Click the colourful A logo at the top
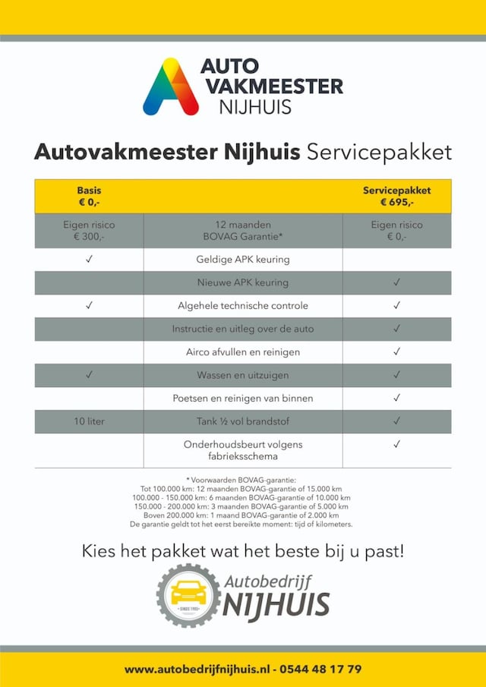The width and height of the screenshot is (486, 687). pos(170,87)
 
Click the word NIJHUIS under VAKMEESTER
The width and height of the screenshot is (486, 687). pos(254,106)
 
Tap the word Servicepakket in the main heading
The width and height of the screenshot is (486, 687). pos(379,152)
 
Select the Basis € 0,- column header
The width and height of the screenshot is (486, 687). pos(89,197)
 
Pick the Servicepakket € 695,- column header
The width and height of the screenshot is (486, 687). pos(396,197)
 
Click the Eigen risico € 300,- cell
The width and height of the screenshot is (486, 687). pos(89,231)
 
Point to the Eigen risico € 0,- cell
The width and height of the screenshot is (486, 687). pos(396,231)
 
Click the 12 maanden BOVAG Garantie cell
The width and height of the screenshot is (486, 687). pos(243,231)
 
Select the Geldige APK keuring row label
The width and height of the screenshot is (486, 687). pos(243,260)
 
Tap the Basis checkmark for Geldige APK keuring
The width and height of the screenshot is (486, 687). pos(89,260)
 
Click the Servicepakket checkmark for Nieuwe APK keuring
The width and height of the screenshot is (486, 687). pos(396,283)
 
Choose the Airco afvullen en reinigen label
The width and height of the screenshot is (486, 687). pos(243,352)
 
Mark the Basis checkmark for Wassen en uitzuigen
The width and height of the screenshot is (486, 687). pos(89,375)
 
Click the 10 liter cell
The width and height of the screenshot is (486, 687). pos(89,421)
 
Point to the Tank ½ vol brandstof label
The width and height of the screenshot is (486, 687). pos(243,421)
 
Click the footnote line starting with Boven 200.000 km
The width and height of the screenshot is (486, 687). pos(241,515)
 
